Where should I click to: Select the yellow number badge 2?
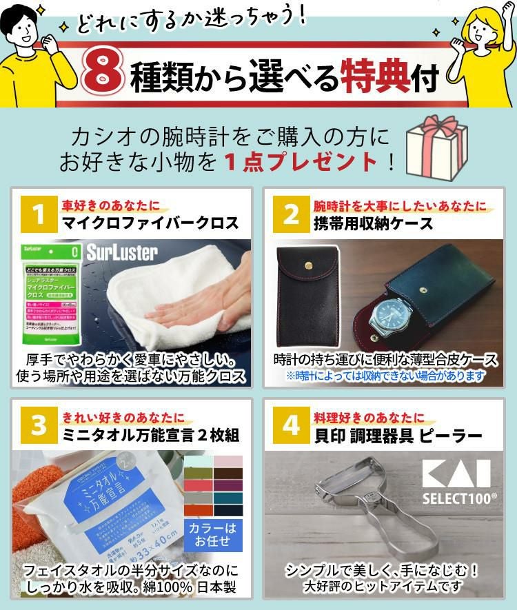point(291,214)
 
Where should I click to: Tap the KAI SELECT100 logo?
point(456,480)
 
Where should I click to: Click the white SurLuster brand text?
point(122,253)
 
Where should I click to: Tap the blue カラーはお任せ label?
point(213,533)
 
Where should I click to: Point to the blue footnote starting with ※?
point(385,376)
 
